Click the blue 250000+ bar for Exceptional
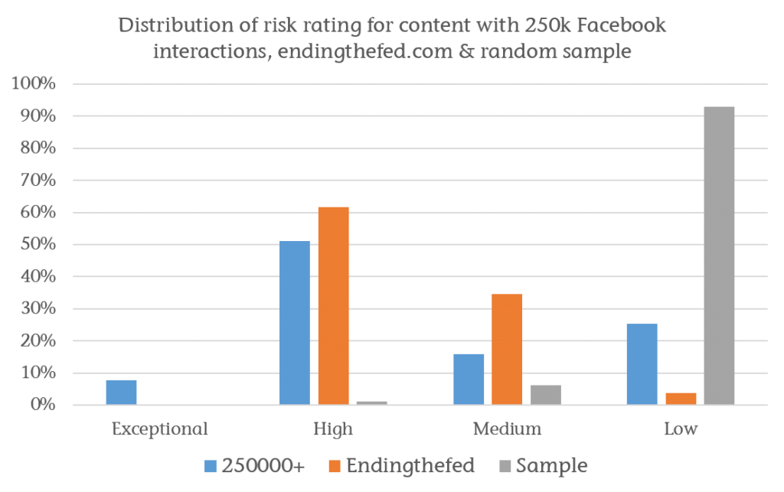121,393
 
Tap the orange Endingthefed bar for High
333,305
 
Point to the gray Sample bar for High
371,402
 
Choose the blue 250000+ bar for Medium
469,379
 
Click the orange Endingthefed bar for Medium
507,349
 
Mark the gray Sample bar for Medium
545,395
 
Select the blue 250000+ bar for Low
642,364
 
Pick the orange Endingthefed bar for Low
681,399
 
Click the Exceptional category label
159,428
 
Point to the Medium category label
507,428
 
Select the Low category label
681,428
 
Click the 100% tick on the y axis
34,84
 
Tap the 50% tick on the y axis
38,245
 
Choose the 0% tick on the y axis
42,405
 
